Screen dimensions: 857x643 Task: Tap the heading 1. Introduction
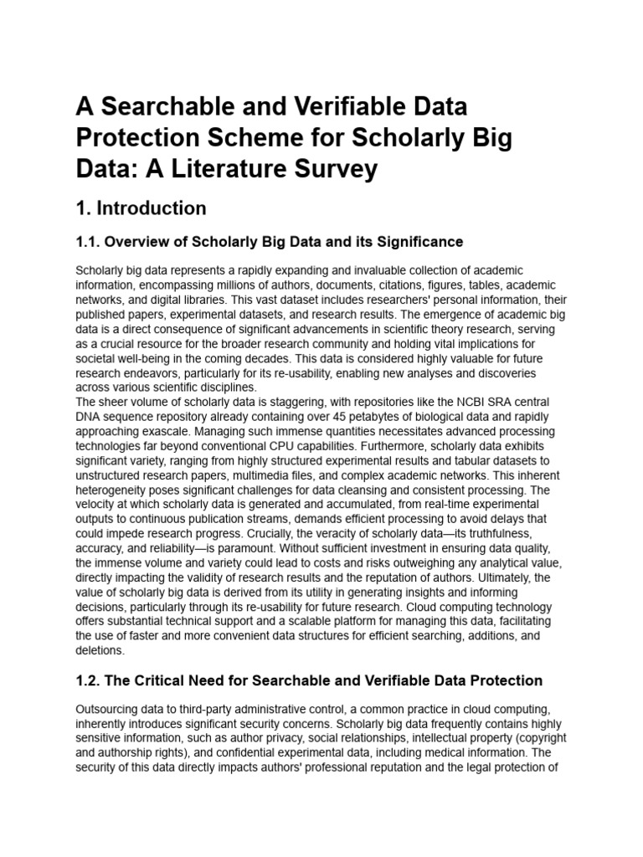141,208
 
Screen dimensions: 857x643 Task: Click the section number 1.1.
90,242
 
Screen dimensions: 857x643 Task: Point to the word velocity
96,498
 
